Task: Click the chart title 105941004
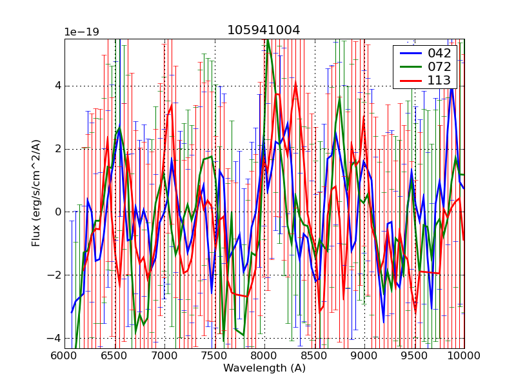[263, 30]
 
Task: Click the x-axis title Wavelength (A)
[264, 368]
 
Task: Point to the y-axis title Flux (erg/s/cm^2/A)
[37, 193]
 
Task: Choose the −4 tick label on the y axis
[54, 338]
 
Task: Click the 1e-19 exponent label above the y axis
[81, 32]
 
